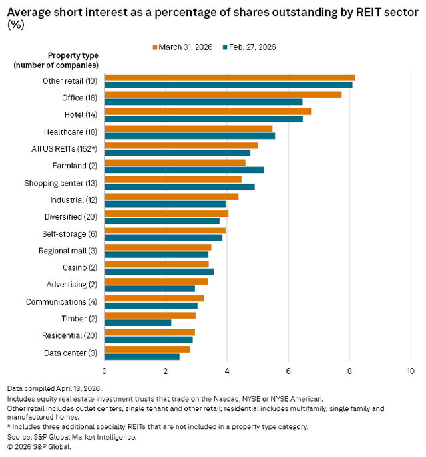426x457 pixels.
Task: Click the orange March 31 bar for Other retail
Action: pyautogui.click(x=230, y=77)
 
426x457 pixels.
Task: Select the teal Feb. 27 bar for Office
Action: pyautogui.click(x=204, y=102)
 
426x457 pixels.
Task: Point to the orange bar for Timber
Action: pyautogui.click(x=150, y=315)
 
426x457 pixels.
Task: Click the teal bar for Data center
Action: pyautogui.click(x=142, y=357)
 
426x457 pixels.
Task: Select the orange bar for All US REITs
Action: pyautogui.click(x=181, y=145)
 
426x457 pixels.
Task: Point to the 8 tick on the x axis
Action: pyautogui.click(x=349, y=370)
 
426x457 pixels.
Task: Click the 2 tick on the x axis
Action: pyautogui.click(x=166, y=370)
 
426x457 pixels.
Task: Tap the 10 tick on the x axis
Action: pyautogui.click(x=410, y=370)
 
